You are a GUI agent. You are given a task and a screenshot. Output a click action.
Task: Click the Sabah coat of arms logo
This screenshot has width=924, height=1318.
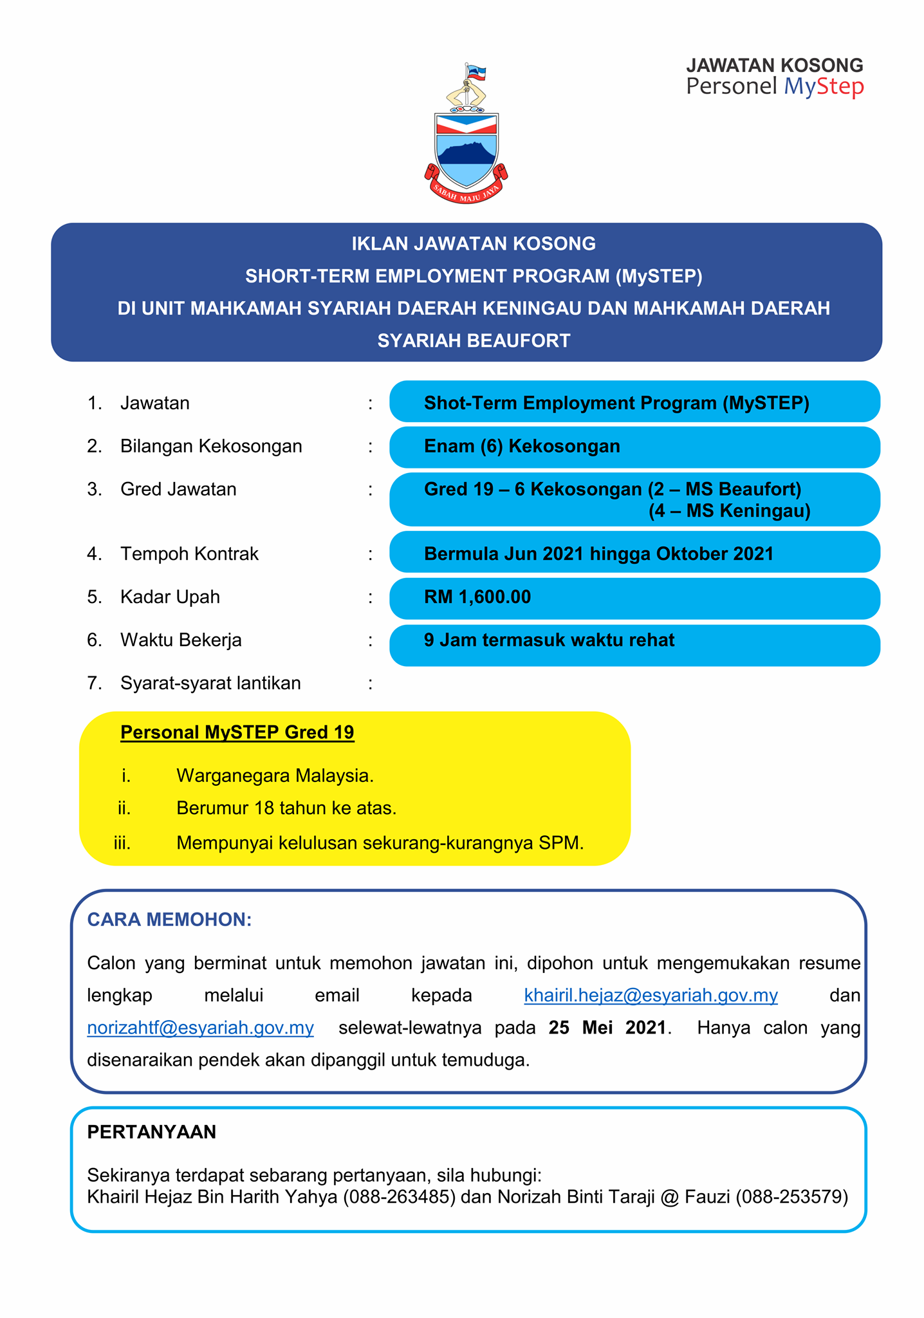tap(466, 133)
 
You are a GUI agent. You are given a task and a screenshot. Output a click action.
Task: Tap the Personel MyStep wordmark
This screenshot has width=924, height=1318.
tap(775, 86)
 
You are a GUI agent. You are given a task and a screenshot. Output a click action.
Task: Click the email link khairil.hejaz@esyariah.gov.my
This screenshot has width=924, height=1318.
tap(651, 996)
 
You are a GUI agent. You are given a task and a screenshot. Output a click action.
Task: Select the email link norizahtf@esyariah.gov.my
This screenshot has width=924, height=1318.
tap(200, 1028)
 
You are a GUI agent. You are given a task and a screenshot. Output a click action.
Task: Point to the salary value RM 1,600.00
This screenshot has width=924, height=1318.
tap(477, 597)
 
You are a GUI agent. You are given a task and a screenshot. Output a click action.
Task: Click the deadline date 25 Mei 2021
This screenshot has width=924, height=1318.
tap(607, 1028)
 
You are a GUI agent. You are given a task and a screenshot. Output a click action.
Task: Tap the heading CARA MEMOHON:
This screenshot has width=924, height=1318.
tap(169, 920)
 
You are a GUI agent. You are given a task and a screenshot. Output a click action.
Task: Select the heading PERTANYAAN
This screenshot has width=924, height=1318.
tap(151, 1132)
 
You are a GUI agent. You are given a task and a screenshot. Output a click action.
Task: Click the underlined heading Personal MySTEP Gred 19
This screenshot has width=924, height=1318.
tap(237, 732)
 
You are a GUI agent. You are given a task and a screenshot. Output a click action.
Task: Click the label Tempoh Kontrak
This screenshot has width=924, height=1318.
tap(189, 554)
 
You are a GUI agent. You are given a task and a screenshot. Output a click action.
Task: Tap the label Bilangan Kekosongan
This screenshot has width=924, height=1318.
tap(211, 446)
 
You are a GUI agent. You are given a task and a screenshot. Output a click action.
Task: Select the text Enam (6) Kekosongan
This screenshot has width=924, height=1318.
tap(522, 446)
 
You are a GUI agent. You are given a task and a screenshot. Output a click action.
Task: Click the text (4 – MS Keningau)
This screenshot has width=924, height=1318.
tap(729, 511)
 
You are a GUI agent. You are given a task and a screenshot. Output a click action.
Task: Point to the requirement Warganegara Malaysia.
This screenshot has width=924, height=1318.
tap(275, 775)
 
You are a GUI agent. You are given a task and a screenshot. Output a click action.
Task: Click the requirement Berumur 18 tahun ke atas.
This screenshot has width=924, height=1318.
tap(286, 808)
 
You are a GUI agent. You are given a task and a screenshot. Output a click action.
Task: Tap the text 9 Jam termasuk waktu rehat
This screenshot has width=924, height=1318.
tap(549, 640)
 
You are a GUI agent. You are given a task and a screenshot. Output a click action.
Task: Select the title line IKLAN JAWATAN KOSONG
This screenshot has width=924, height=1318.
tap(474, 244)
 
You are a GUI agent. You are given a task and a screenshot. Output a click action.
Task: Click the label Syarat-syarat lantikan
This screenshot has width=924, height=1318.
tap(210, 683)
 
